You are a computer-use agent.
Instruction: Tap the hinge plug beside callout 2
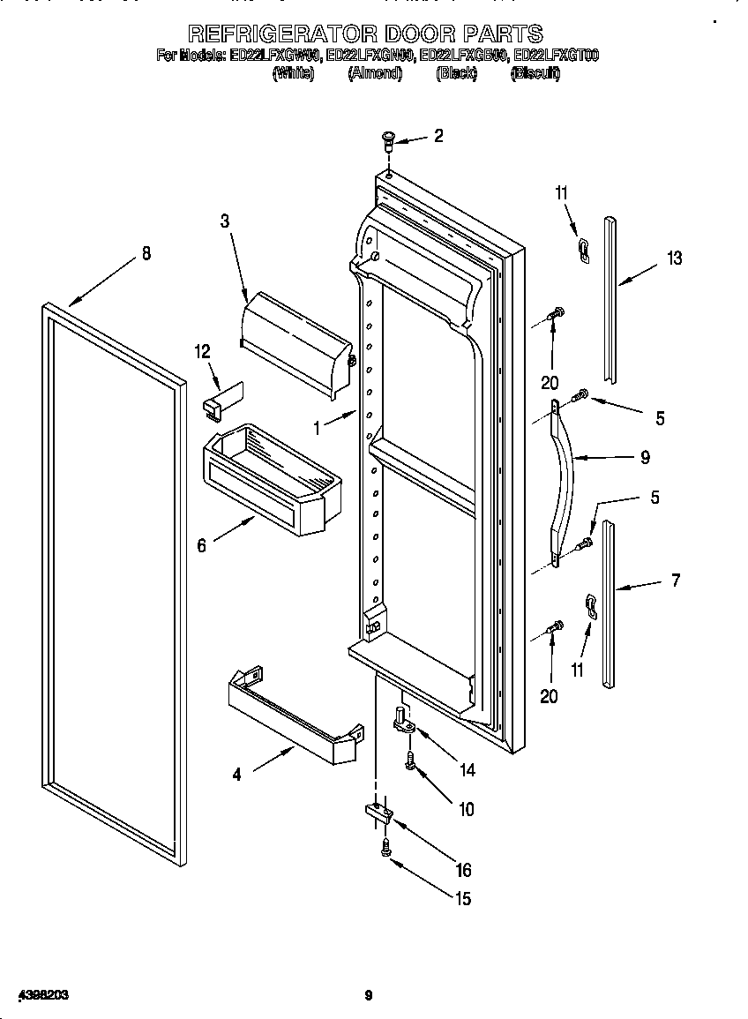tap(388, 139)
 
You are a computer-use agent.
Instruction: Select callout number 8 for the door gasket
tap(146, 254)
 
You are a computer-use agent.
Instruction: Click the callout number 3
tap(226, 221)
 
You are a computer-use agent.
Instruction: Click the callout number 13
tap(675, 258)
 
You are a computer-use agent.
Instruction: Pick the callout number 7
tap(676, 581)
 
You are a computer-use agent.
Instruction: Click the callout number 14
tap(467, 770)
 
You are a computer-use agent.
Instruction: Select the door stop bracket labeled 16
tap(377, 813)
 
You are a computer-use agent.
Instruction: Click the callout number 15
tap(462, 899)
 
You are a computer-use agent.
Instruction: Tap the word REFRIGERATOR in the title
tap(283, 34)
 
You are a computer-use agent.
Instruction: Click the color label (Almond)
tap(376, 74)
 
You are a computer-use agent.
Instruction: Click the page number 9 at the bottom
tap(370, 996)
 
